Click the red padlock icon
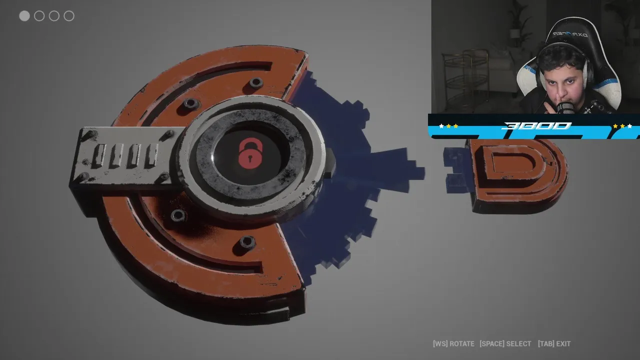pyautogui.click(x=250, y=153)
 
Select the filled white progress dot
pyautogui.click(x=24, y=16)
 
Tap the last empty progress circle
pyautogui.click(x=69, y=16)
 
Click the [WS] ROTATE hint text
pyautogui.click(x=453, y=343)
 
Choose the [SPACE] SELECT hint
pyautogui.click(x=505, y=343)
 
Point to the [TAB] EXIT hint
pyautogui.click(x=554, y=343)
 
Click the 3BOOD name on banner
pyautogui.click(x=536, y=126)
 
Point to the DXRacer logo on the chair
pyautogui.click(x=570, y=34)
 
